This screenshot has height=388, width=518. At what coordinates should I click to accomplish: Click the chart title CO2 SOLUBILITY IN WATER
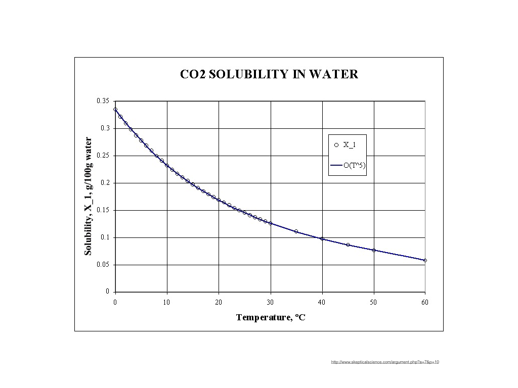point(269,74)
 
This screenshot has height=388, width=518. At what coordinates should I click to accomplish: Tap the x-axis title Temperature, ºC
point(271,317)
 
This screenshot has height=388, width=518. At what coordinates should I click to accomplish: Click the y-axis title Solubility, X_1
point(89,196)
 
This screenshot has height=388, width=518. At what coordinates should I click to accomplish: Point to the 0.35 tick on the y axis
point(103,101)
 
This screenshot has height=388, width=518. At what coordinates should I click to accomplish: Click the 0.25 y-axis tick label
point(103,156)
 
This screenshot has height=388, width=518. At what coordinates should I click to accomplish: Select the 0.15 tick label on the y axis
point(103,210)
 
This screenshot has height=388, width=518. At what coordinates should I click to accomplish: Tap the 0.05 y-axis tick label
point(103,265)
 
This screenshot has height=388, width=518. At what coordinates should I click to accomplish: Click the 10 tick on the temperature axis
point(167,302)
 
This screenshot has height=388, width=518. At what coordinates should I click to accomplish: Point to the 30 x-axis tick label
point(270,302)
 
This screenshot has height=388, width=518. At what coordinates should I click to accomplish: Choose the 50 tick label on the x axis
point(373,302)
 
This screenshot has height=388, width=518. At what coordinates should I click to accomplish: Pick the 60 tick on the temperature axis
point(425,302)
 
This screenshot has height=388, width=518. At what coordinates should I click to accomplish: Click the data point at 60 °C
point(425,260)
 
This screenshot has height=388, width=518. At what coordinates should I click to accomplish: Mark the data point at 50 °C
point(373,250)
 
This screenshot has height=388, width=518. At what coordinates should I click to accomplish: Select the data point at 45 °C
point(348,245)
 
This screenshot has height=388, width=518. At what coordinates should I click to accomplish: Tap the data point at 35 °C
point(296,231)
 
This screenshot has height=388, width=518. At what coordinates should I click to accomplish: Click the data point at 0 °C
point(115,109)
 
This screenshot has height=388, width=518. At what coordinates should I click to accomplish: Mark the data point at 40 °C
point(322,238)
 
